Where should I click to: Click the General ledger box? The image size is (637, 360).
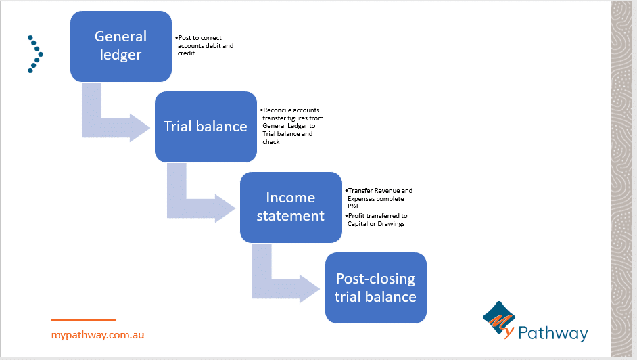(x=121, y=45)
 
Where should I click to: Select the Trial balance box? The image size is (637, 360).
(x=206, y=127)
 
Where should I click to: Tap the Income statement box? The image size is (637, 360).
(x=291, y=206)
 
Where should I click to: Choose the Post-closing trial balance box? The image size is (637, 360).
(x=375, y=288)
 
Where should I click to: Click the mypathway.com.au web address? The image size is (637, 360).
(x=97, y=334)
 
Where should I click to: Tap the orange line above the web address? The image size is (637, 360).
(x=83, y=320)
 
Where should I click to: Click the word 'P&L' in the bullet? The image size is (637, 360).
(x=354, y=207)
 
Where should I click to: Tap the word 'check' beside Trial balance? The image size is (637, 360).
(x=271, y=142)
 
